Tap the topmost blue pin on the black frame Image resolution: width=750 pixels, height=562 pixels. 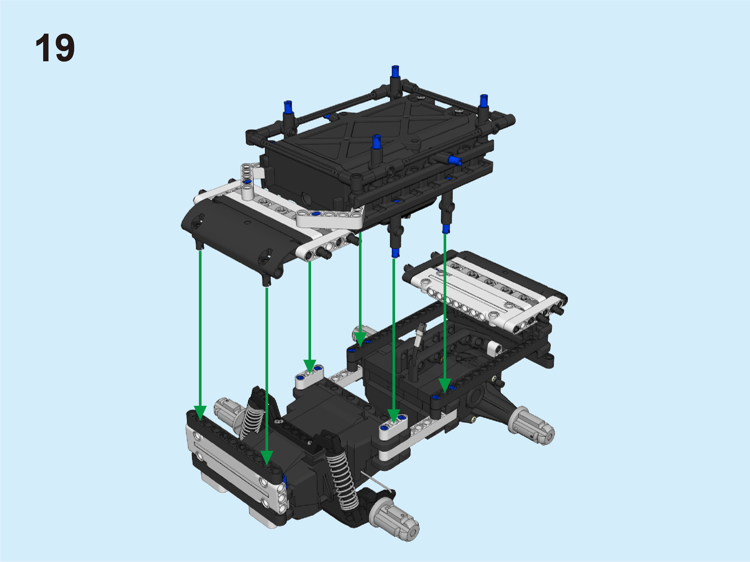click(x=395, y=71)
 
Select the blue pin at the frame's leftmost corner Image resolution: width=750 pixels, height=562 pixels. click(x=288, y=107)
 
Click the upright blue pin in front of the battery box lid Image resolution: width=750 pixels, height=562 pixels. click(x=376, y=142)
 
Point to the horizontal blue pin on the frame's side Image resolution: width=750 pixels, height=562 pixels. click(x=455, y=160)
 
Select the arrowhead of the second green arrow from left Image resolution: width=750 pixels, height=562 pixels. click(x=267, y=458)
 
